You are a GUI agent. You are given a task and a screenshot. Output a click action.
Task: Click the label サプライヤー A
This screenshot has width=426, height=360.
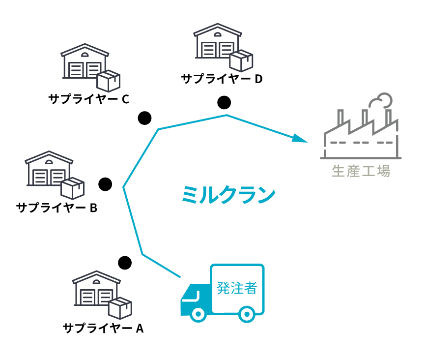[103, 328]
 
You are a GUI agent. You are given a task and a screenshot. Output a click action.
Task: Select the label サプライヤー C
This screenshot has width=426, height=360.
[88, 99]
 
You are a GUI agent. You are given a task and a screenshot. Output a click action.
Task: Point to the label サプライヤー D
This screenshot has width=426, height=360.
[222, 78]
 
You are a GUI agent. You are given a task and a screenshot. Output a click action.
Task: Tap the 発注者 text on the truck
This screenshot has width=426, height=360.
[237, 288]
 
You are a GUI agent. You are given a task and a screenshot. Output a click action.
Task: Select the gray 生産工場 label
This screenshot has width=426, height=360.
[361, 171]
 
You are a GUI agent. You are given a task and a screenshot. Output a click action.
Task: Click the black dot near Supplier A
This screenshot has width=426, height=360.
[125, 262]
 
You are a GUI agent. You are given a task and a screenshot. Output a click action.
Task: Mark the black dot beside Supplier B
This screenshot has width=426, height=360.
[105, 184]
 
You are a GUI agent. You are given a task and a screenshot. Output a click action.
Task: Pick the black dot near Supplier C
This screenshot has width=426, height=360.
[144, 118]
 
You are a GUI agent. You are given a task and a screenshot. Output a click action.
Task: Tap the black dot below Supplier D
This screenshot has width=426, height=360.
[224, 102]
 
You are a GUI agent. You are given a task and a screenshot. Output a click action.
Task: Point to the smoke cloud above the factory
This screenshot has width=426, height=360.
[380, 100]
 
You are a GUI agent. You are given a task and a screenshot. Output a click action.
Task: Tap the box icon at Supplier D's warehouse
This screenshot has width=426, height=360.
[241, 60]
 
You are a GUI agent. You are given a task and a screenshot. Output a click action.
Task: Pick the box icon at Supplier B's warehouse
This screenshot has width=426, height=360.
[72, 188]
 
